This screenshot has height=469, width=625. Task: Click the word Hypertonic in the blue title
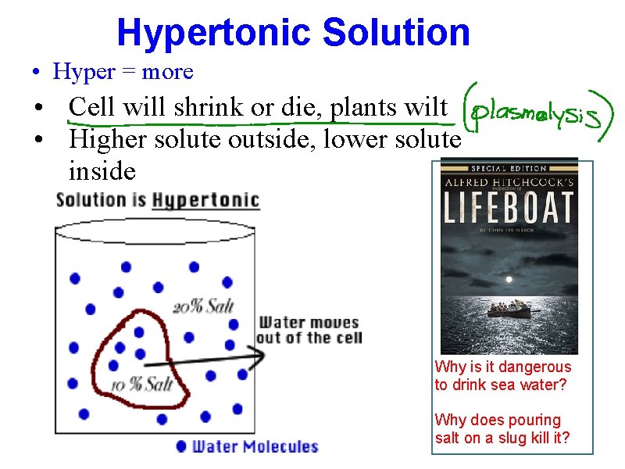click(x=213, y=33)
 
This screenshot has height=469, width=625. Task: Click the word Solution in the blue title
click(x=396, y=33)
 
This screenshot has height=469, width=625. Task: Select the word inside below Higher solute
click(x=102, y=170)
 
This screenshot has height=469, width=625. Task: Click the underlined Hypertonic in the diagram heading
click(x=205, y=200)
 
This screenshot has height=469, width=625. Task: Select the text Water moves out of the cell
click(x=309, y=330)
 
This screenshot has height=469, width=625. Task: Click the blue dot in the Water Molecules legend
click(x=181, y=446)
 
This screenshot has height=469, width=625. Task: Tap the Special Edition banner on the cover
click(x=509, y=167)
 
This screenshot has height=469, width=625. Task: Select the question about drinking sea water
click(x=502, y=376)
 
